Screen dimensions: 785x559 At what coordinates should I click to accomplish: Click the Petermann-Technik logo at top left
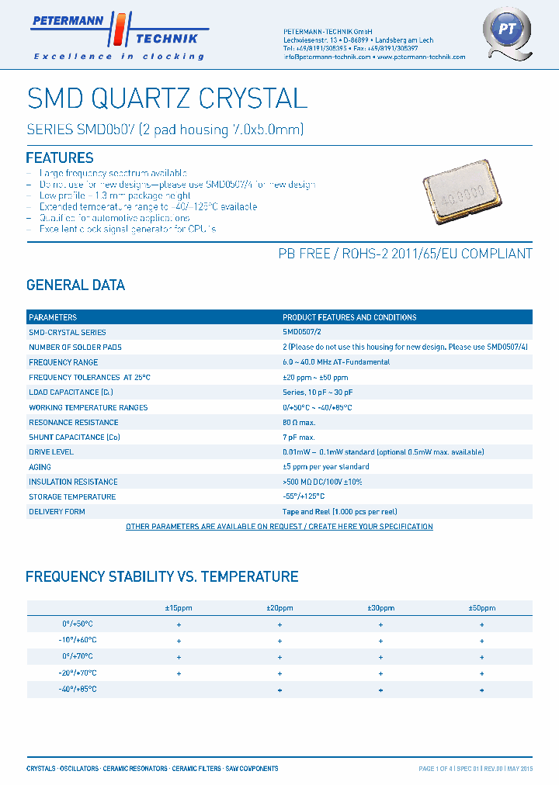pyautogui.click(x=116, y=35)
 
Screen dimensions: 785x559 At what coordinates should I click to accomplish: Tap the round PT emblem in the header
pyautogui.click(x=506, y=32)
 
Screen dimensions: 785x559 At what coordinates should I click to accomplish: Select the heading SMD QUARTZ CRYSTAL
pyautogui.click(x=167, y=98)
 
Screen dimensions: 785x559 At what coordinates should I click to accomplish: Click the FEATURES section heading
pyautogui.click(x=60, y=157)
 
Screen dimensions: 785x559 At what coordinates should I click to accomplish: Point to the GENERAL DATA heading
pyautogui.click(x=75, y=285)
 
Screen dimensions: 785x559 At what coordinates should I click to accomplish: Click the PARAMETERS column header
pyautogui.click(x=53, y=317)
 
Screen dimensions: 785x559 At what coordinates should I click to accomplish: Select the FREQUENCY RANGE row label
pyautogui.click(x=63, y=362)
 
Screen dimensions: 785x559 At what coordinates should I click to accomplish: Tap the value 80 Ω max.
pyautogui.click(x=299, y=423)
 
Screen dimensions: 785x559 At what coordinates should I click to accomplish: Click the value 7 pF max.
pyautogui.click(x=298, y=437)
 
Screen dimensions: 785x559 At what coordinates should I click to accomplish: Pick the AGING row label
pyautogui.click(x=40, y=467)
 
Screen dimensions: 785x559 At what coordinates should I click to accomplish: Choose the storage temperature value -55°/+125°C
pyautogui.click(x=304, y=496)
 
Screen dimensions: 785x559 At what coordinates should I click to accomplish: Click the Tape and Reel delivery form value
pyautogui.click(x=339, y=512)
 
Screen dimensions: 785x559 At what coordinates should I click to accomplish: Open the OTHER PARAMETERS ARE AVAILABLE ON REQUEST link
pyautogui.click(x=279, y=527)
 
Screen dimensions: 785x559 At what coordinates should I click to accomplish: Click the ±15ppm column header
pyautogui.click(x=179, y=608)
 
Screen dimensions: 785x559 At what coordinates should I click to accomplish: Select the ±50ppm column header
pyautogui.click(x=481, y=608)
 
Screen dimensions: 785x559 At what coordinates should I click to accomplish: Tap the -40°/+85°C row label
pyautogui.click(x=77, y=689)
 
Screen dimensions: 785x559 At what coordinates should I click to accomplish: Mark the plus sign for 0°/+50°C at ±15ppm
pyautogui.click(x=179, y=624)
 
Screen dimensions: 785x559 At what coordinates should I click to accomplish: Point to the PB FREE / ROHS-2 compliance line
pyautogui.click(x=405, y=254)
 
